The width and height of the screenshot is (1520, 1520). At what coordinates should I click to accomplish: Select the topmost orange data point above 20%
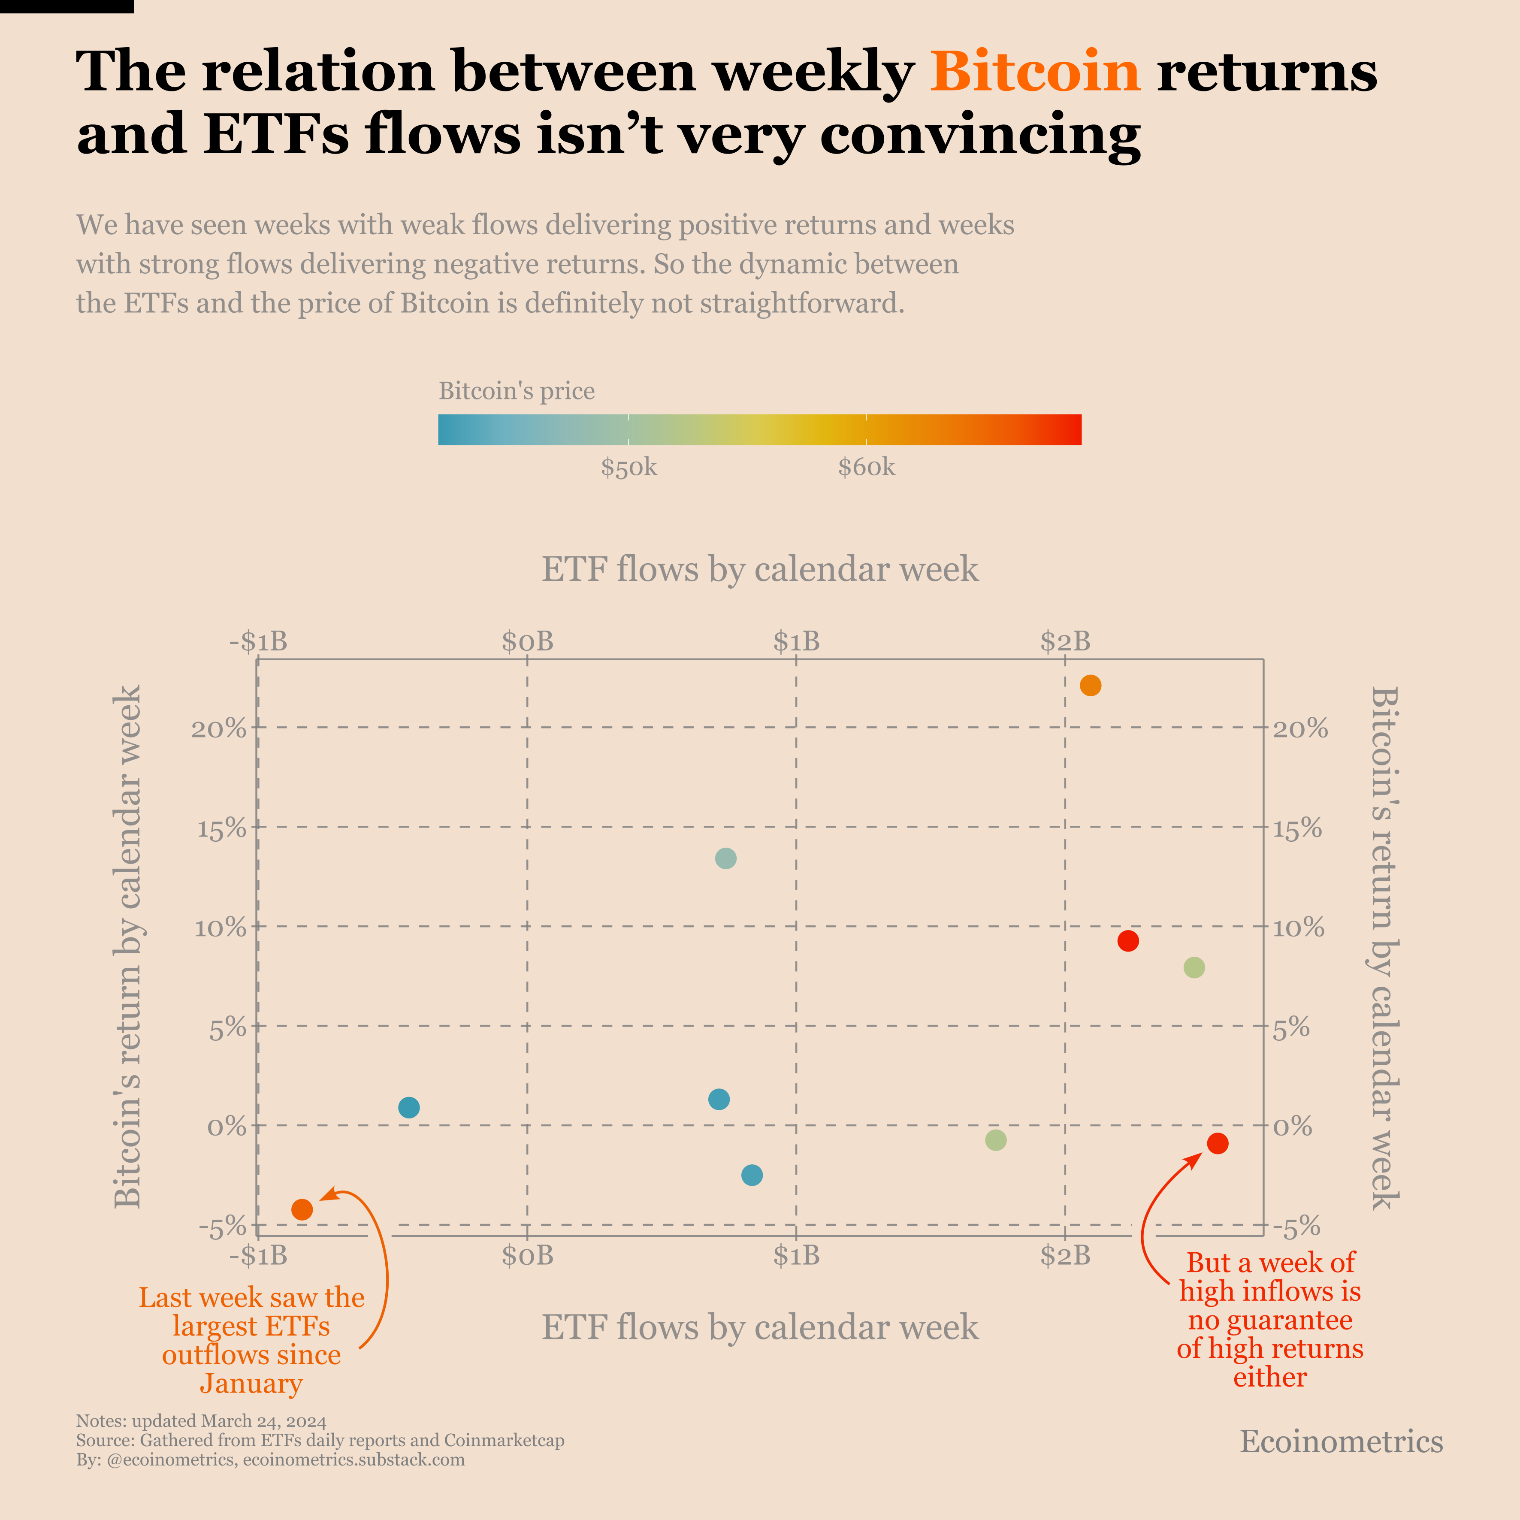click(x=1091, y=685)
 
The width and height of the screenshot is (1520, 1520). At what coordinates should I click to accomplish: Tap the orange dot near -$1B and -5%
click(x=302, y=1209)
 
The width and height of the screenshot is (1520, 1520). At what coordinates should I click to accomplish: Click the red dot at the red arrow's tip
click(x=1218, y=1143)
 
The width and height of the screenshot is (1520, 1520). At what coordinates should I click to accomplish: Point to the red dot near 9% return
click(x=1128, y=941)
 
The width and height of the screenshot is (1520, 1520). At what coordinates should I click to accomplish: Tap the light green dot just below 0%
click(x=996, y=1140)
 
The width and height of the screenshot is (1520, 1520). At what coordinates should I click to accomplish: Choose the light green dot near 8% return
click(x=1194, y=968)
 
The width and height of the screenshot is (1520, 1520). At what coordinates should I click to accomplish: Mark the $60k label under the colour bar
click(x=866, y=467)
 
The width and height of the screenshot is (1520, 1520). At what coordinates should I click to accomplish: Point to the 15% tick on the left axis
click(x=220, y=828)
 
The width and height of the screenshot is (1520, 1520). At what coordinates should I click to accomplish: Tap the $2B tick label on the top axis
click(x=1065, y=641)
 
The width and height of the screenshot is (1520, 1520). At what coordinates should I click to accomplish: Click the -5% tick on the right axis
click(x=1296, y=1226)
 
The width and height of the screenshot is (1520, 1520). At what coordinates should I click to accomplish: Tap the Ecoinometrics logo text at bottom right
click(x=1342, y=1441)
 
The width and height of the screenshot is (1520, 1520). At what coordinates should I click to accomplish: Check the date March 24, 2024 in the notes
click(x=263, y=1421)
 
